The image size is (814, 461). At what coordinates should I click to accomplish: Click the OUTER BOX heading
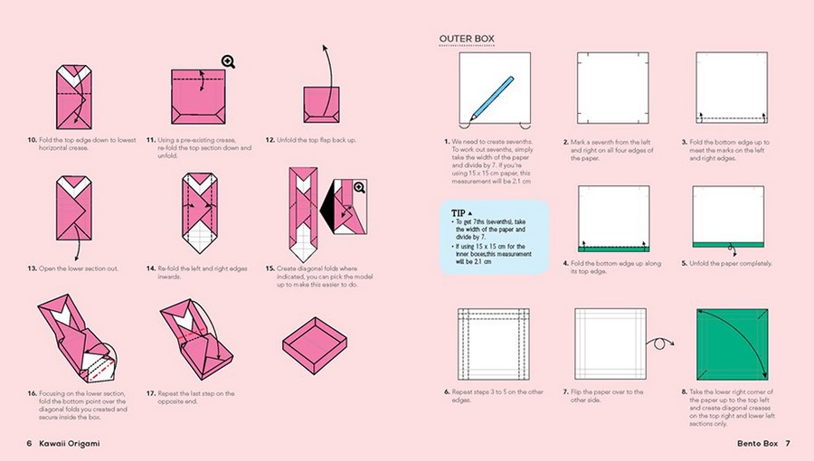[466, 39]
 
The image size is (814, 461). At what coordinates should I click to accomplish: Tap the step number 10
[31, 140]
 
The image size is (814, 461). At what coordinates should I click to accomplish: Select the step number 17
[150, 392]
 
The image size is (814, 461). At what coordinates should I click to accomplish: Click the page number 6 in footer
[29, 443]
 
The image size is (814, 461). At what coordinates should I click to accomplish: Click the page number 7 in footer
[787, 443]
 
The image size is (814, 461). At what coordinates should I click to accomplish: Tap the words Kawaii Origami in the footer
[70, 443]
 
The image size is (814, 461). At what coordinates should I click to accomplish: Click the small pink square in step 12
[322, 103]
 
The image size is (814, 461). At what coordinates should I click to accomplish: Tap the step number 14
[150, 268]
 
